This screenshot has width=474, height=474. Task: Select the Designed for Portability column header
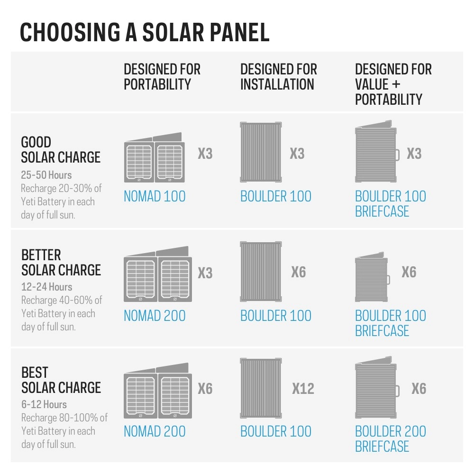[162, 77]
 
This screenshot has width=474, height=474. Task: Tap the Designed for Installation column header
[278, 77]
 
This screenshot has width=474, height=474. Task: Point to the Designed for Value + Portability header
[393, 84]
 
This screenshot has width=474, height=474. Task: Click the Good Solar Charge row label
[61, 149]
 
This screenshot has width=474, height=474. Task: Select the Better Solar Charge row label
[61, 262]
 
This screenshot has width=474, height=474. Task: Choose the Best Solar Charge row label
[61, 380]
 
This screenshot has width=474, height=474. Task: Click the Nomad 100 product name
[155, 196]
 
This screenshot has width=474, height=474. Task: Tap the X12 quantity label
[303, 389]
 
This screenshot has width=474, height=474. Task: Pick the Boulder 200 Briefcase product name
[390, 438]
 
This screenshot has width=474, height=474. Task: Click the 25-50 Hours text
[46, 175]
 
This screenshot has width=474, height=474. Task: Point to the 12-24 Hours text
[46, 287]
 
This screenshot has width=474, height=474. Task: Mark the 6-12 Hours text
[44, 404]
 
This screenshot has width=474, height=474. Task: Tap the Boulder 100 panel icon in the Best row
[261, 388]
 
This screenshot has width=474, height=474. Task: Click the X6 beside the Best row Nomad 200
[205, 389]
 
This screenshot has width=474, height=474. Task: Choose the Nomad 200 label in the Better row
[155, 316]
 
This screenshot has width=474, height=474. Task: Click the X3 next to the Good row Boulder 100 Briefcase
[414, 154]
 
